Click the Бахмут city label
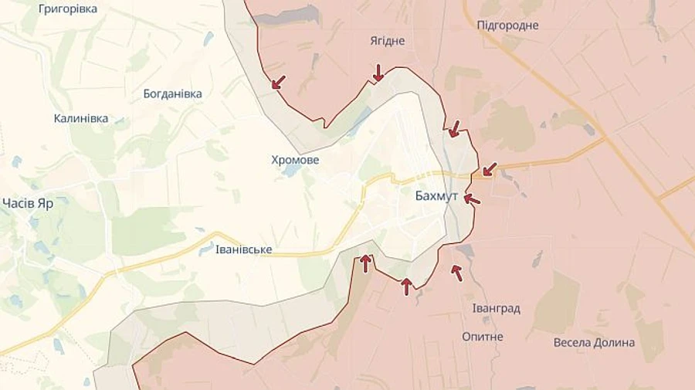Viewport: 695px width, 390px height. click(x=436, y=196)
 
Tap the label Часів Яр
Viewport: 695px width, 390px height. click(x=27, y=204)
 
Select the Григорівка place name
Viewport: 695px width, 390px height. click(x=68, y=8)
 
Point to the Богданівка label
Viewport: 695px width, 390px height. click(x=173, y=93)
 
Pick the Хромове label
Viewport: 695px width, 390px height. click(x=295, y=160)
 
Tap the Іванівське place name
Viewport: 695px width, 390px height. click(x=244, y=249)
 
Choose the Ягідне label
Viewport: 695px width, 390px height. click(x=388, y=41)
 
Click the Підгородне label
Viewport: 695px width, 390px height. click(x=507, y=25)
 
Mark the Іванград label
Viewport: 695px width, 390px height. click(x=496, y=308)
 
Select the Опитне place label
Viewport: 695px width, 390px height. click(x=483, y=337)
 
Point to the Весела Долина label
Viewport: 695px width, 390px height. click(x=595, y=342)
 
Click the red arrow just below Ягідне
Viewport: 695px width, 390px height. click(x=378, y=73)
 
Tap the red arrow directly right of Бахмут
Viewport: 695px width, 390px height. click(x=472, y=199)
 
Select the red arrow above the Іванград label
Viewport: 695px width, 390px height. click(x=457, y=272)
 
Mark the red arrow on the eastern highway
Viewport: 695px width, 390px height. click(x=489, y=168)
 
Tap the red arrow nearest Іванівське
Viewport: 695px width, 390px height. click(x=366, y=263)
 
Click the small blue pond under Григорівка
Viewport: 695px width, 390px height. click(x=208, y=38)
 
